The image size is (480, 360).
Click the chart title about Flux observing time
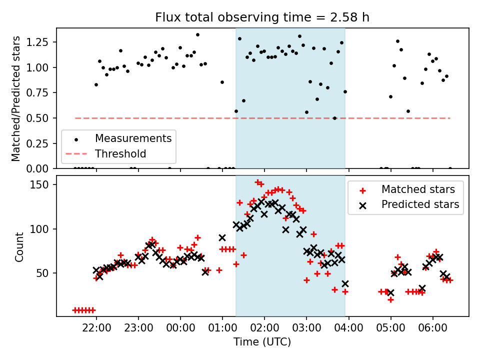tap(262, 18)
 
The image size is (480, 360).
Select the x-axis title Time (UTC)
tap(262, 342)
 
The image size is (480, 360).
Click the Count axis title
tap(19, 246)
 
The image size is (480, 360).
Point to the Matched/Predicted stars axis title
tap(16, 98)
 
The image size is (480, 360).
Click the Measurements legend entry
tap(133, 138)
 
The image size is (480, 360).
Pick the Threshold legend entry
tap(120, 153)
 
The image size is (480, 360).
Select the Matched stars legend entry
tap(418, 189)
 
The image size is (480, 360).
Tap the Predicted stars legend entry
tap(420, 204)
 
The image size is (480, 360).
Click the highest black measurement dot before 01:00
tap(197, 35)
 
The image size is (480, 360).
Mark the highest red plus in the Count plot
tap(257, 182)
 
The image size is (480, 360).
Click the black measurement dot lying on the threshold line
tap(334, 118)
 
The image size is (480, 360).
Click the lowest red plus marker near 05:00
tap(390, 299)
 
